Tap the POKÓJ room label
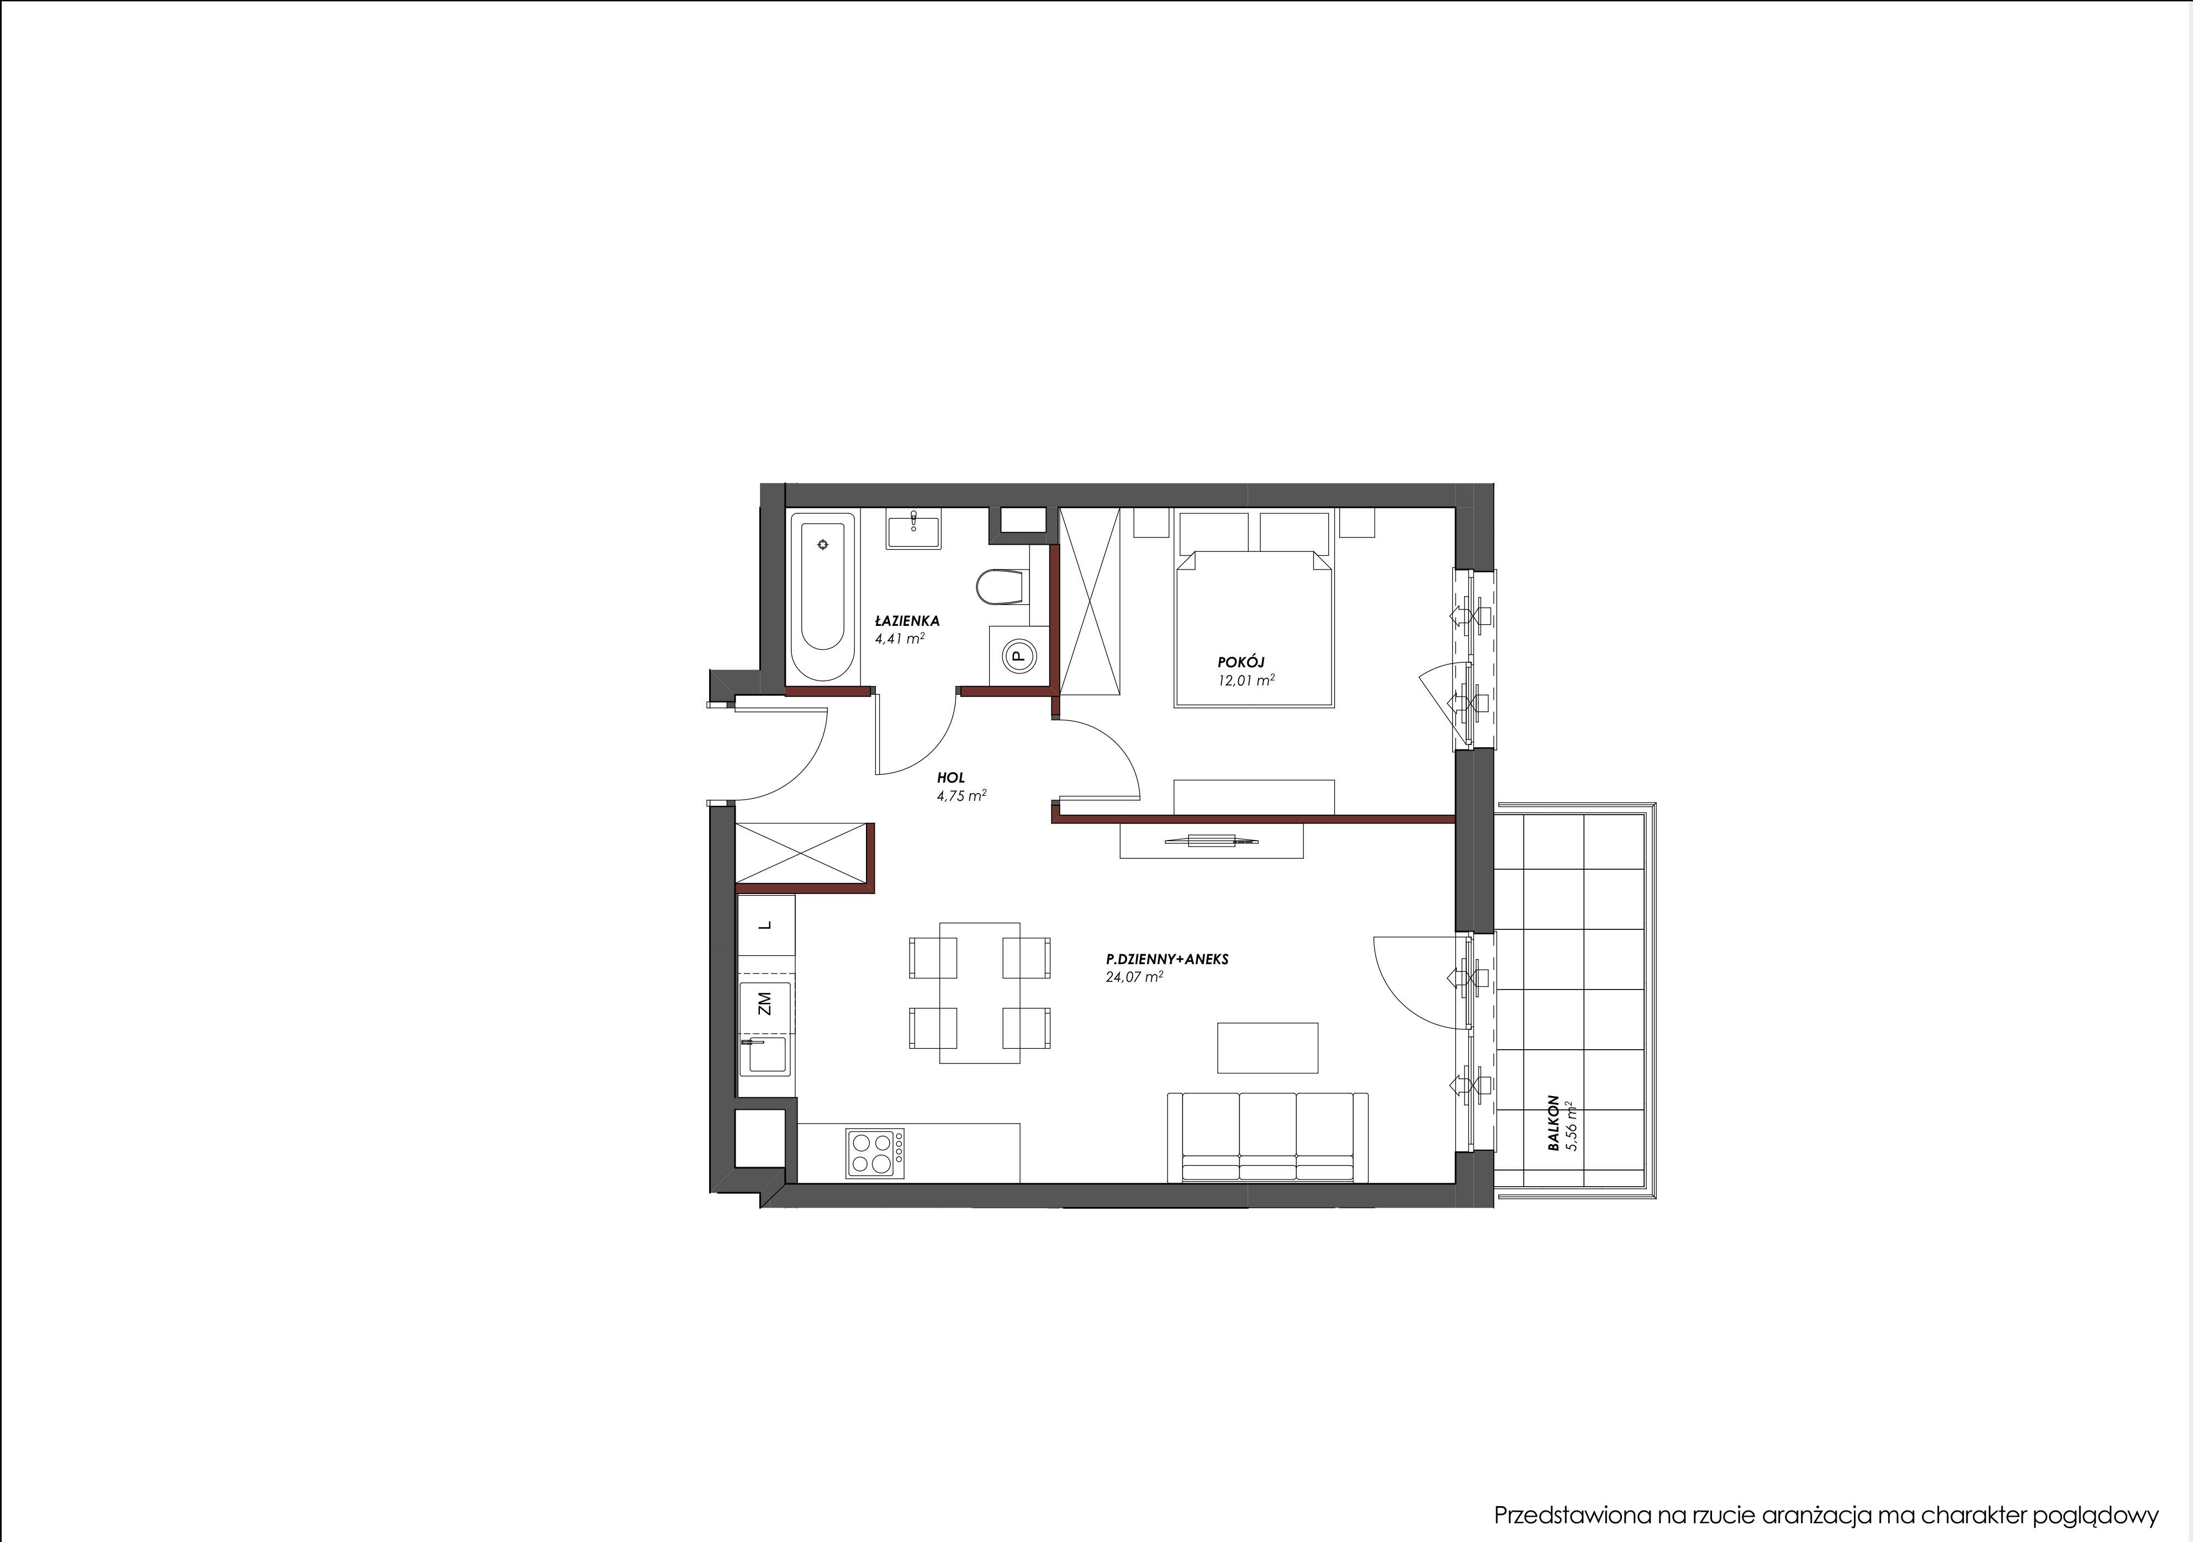point(1241,662)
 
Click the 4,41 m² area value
point(900,639)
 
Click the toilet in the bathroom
point(1000,586)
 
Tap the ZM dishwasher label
point(764,1003)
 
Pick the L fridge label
point(764,925)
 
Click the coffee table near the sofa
point(1267,1048)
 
